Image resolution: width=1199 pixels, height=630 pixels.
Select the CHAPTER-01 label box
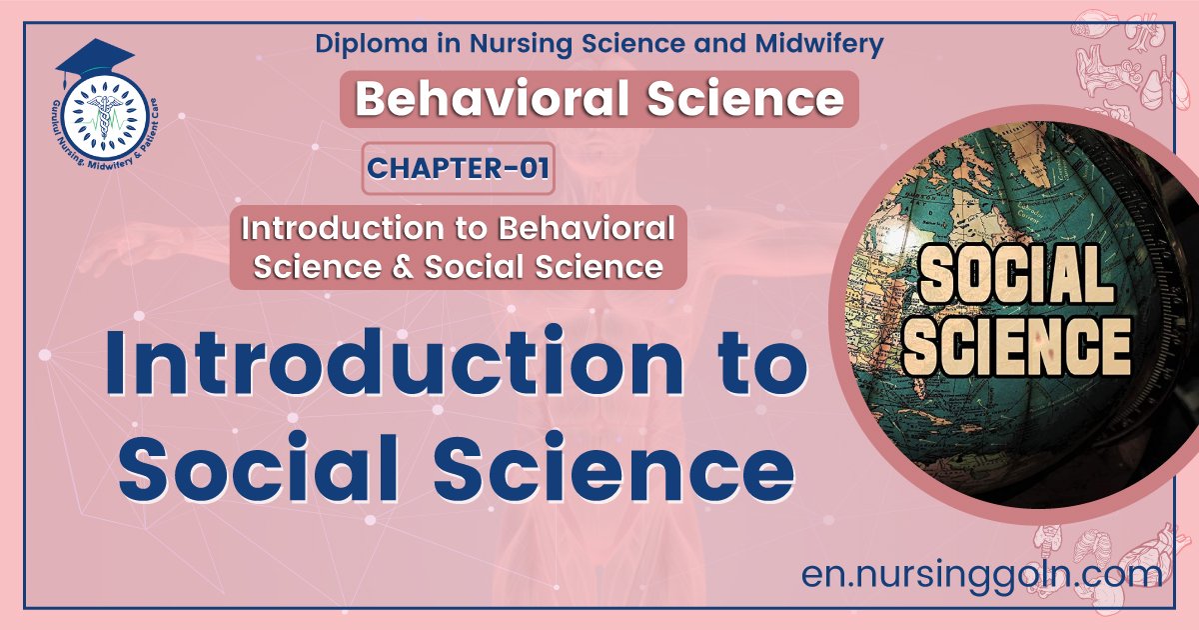(x=459, y=168)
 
